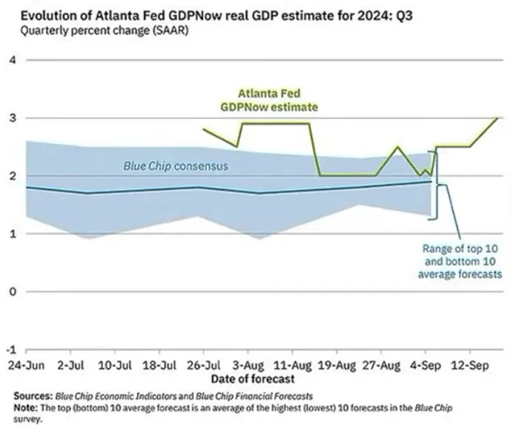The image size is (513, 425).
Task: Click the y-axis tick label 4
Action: pyautogui.click(x=11, y=59)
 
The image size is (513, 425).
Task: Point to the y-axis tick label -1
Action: pyautogui.click(x=10, y=349)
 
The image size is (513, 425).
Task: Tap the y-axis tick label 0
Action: pyautogui.click(x=11, y=291)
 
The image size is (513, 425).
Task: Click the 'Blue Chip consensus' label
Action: pyautogui.click(x=176, y=166)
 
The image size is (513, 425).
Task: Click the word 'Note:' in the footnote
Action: pyautogui.click(x=27, y=407)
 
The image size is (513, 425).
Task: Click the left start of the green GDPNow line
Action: pyautogui.click(x=202, y=129)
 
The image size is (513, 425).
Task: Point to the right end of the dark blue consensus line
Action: pyautogui.click(x=431, y=182)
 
